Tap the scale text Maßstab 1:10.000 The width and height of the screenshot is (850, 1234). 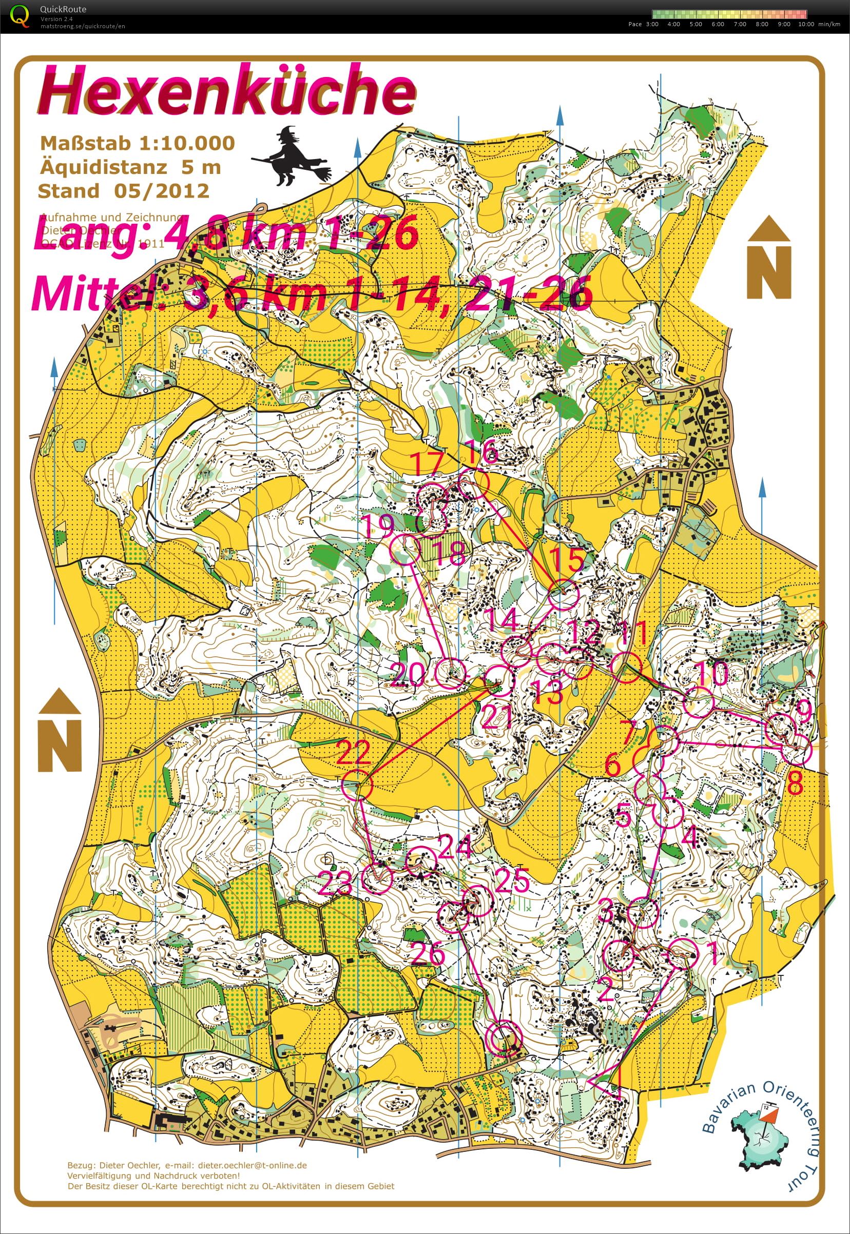tap(138, 143)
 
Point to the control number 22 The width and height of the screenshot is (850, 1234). tap(354, 752)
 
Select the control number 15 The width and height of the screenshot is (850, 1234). tap(566, 559)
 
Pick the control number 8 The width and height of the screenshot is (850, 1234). tap(795, 783)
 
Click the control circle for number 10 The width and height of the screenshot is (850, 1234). tap(698, 701)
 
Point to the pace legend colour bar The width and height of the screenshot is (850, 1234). tap(729, 14)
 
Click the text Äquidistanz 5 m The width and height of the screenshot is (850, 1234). tap(130, 167)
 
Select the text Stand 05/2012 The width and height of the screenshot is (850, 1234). tap(124, 191)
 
